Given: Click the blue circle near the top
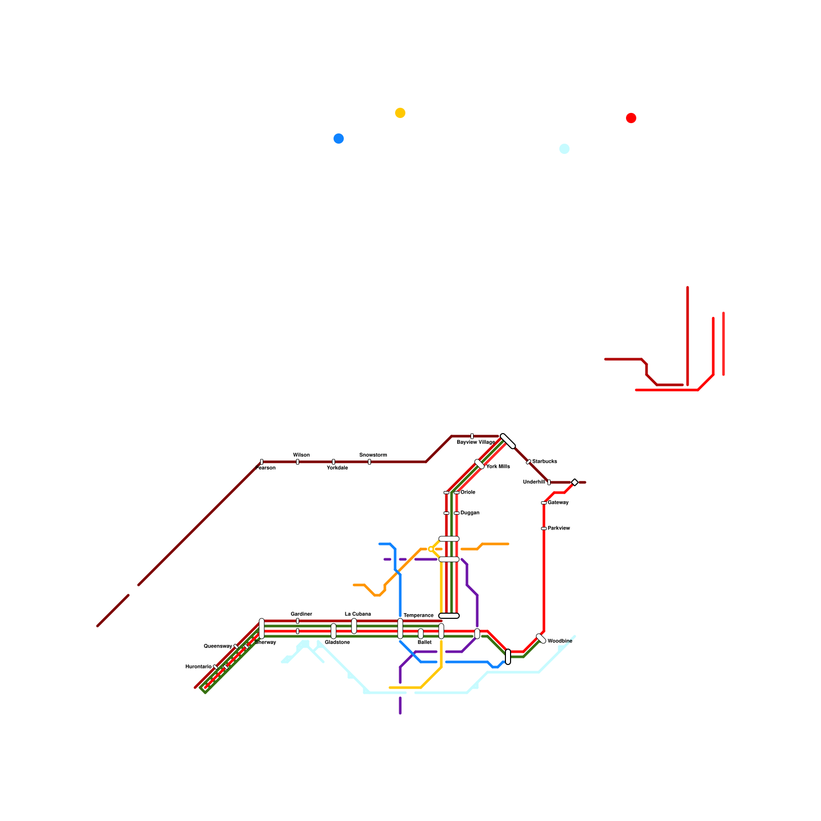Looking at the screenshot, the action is point(339,139).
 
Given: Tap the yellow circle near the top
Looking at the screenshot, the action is point(400,113).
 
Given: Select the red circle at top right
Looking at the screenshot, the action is point(631,118).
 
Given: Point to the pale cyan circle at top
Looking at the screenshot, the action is point(564,149).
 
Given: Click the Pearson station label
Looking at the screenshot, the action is point(266,468).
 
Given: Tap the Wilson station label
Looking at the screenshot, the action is point(301,455).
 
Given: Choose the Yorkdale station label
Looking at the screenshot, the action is point(337,468).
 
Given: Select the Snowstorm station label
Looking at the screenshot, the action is point(373,455).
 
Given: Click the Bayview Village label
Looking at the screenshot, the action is point(476,442).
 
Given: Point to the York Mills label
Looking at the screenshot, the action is point(498,467).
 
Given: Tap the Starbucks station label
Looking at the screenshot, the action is point(544,462).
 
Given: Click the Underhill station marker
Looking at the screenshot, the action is point(549,482).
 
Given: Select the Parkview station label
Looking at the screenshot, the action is point(558,529).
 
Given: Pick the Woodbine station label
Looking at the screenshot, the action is point(560,641).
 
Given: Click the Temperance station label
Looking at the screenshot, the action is point(418,616).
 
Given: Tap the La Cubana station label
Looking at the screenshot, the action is point(358,614).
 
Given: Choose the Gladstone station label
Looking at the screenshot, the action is point(337,642).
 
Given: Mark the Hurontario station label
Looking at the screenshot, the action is point(198,667).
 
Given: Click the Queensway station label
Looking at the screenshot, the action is point(218,647).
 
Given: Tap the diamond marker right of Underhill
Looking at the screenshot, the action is point(575,482).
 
